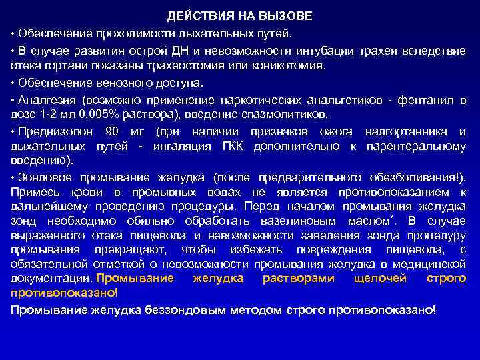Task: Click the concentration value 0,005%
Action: coord(103,114)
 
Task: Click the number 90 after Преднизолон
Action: coord(112,131)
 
